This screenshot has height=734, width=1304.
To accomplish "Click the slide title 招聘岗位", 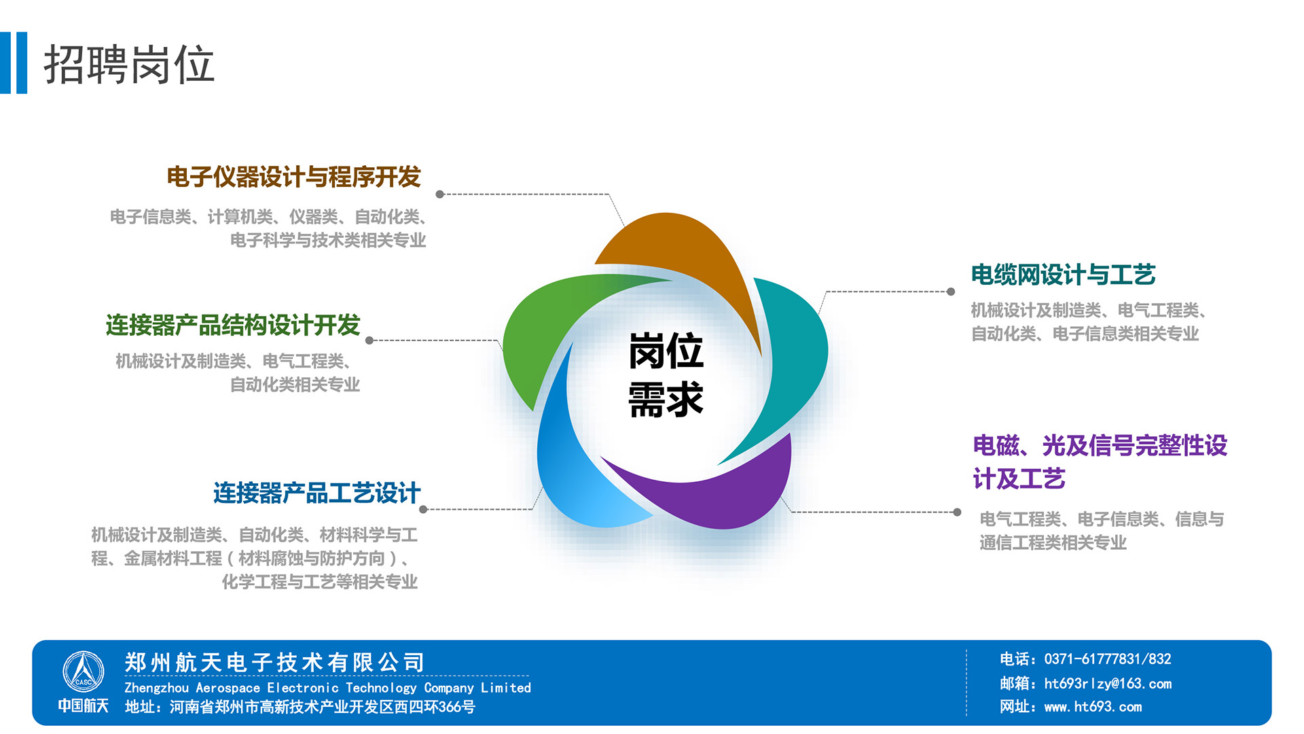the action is coord(129,65).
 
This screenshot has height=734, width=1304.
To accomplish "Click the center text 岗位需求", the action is coord(666,374).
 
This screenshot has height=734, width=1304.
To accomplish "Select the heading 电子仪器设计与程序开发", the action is coord(294,177).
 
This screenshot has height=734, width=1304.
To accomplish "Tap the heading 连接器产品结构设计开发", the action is coord(233,325).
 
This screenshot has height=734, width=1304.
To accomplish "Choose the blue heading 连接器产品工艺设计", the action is coord(317,493).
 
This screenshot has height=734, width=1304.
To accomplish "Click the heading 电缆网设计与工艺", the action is coord(1063,275).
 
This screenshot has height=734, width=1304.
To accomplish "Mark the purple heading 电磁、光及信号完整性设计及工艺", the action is coord(1100,462).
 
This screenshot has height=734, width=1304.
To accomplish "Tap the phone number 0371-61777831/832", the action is coord(1108,659).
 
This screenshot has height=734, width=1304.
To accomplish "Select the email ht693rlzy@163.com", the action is coord(1108,684).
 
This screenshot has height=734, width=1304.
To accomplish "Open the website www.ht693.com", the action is coord(1093,707).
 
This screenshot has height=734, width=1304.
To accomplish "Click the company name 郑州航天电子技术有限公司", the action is coord(275,662).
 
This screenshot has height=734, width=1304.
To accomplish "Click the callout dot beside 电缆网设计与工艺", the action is coord(951,292).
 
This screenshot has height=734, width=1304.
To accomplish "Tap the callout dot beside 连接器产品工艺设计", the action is coord(423,509).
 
